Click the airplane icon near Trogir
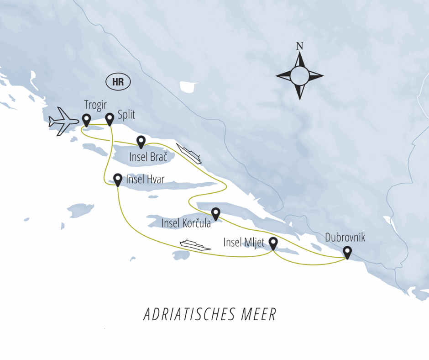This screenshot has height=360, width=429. (63, 122)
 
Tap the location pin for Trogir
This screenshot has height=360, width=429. (86, 120)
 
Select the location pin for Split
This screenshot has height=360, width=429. (110, 119)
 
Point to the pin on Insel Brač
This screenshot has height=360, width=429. (141, 142)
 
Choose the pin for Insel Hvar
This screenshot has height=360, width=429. (118, 180)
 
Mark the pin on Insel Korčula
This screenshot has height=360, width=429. (215, 213)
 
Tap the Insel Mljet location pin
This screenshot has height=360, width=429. (273, 244)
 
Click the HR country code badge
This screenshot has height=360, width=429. (118, 82)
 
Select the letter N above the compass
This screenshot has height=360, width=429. (299, 46)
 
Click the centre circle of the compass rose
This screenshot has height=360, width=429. (299, 75)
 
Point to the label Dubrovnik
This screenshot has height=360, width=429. (345, 238)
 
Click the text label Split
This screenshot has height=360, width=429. (126, 115)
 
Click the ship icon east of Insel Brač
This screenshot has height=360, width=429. (189, 154)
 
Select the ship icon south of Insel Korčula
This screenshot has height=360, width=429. (195, 244)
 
